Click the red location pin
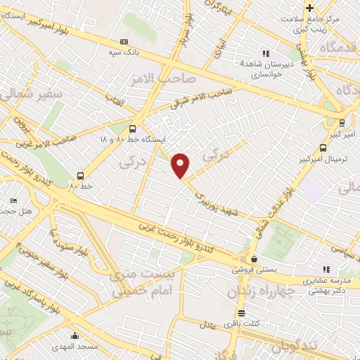pyautogui.click(x=181, y=165)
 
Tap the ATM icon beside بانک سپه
pyautogui.click(x=125, y=41)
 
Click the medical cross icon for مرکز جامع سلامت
pyautogui.click(x=310, y=8)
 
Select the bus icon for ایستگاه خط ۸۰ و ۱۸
pyautogui.click(x=132, y=129)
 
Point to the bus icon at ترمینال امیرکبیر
pyautogui.click(x=323, y=148)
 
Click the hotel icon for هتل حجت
pyautogui.click(x=14, y=201)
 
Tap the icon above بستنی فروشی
pyautogui.click(x=244, y=259)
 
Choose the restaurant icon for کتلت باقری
pyautogui.click(x=241, y=314)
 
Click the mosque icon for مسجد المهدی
pyautogui.click(x=75, y=337)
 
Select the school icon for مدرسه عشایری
pyautogui.click(x=326, y=269)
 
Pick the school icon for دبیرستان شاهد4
pyautogui.click(x=266, y=53)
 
